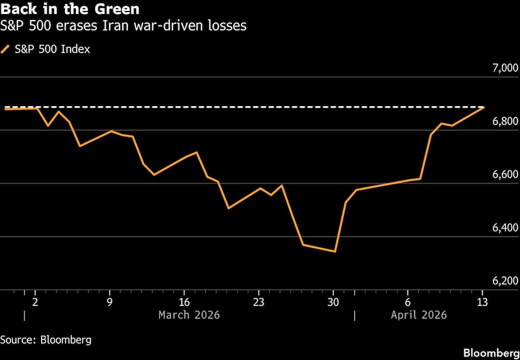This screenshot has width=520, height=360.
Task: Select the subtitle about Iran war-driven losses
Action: pos(124,26)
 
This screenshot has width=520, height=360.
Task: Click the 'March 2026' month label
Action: pos(189,315)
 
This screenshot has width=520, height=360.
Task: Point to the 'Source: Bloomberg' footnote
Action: pos(46,340)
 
